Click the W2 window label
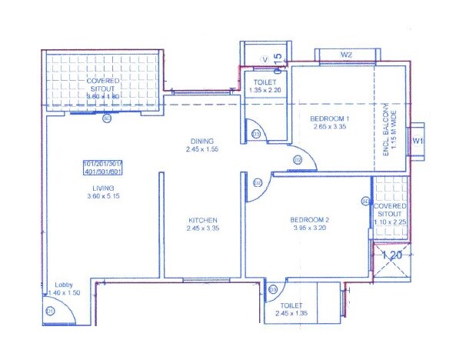coord(347,55)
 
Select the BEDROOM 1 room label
coord(330,118)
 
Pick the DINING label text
coord(203,140)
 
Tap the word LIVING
coord(102,188)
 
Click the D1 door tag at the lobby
coord(49,311)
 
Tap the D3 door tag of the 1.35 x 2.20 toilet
coord(256,134)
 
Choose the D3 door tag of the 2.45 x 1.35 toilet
coord(273,289)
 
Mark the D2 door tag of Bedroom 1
coord(297,159)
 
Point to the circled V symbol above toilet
coord(265,56)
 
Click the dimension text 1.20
coord(392,253)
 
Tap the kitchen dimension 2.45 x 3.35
coord(203,229)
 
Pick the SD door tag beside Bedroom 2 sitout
coord(364,201)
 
